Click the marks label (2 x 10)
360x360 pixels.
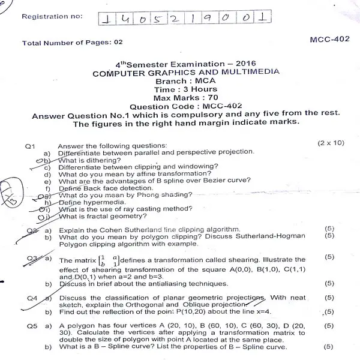pos(331,143)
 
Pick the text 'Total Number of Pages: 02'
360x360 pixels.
pos(71,43)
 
